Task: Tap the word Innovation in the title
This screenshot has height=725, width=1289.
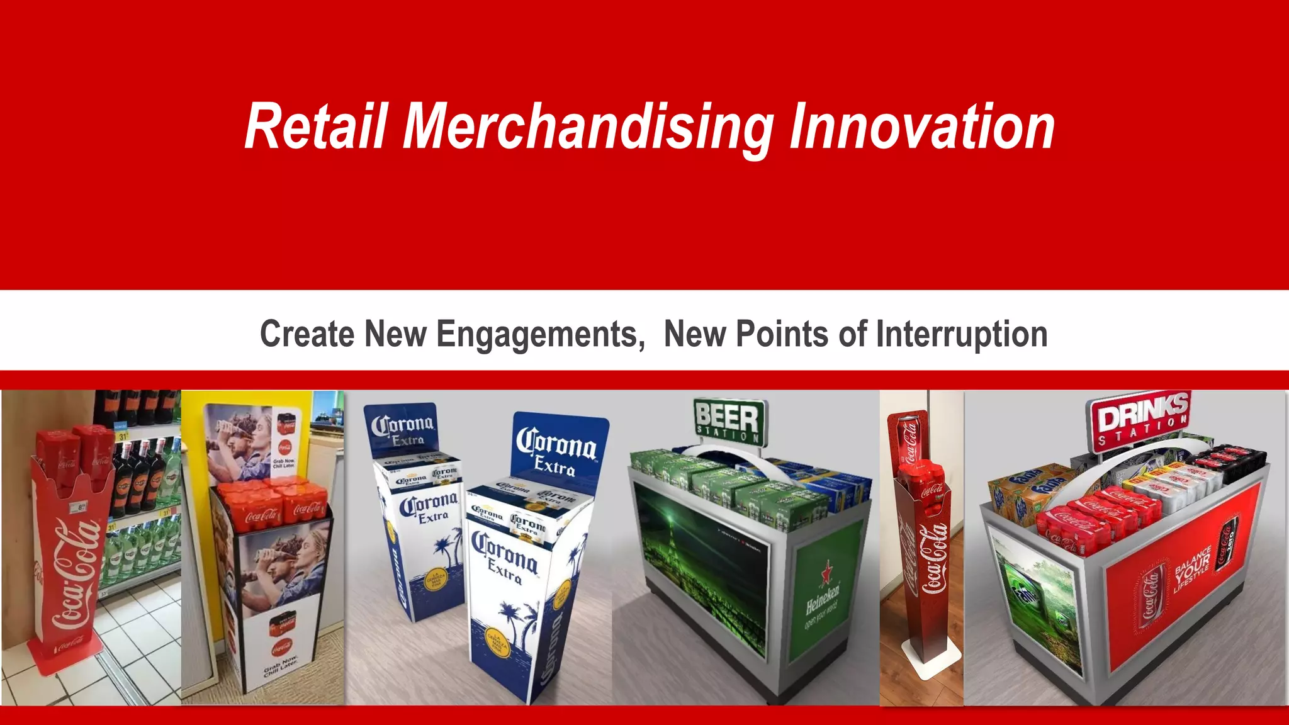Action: pyautogui.click(x=921, y=127)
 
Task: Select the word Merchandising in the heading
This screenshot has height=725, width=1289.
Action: pyautogui.click(x=588, y=128)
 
